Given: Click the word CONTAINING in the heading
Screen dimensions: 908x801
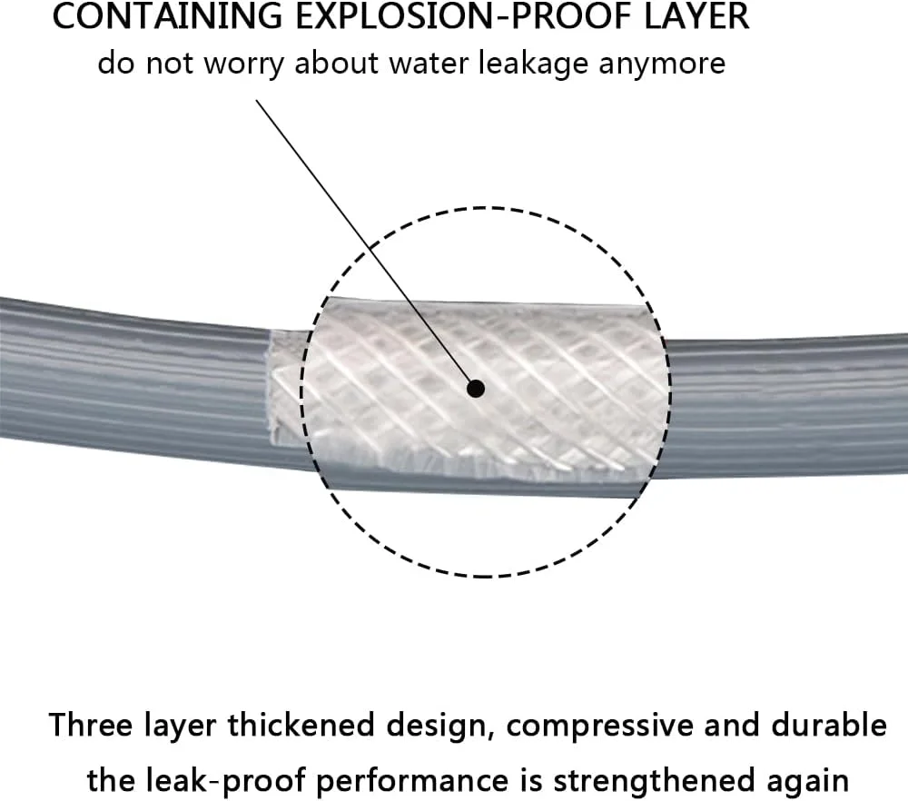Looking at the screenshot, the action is click(x=167, y=15).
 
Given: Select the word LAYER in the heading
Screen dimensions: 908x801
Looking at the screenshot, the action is click(x=697, y=15).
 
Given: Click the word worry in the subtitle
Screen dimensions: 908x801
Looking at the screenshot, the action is click(x=243, y=64).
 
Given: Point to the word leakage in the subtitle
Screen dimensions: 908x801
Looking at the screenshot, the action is click(x=532, y=64).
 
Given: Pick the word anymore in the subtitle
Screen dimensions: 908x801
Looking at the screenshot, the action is click(x=662, y=64).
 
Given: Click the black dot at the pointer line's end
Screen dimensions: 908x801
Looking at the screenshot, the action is click(x=476, y=389).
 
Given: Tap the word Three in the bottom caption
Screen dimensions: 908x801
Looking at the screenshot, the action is click(x=91, y=725).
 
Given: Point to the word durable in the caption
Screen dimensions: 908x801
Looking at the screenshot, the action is click(x=829, y=725).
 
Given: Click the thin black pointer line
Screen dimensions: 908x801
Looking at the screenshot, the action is click(x=366, y=244).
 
